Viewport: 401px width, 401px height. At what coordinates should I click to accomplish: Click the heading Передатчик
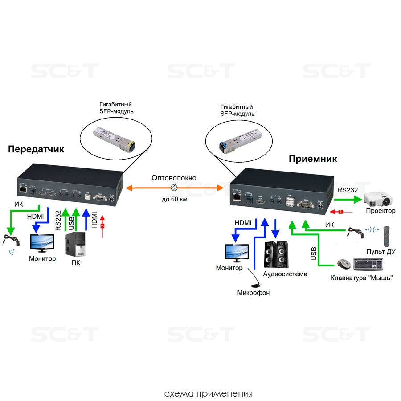(36, 150)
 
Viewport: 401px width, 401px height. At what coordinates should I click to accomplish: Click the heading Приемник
(313, 159)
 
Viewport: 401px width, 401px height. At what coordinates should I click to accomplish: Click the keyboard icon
(368, 264)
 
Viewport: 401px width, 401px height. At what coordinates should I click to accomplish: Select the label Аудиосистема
(285, 274)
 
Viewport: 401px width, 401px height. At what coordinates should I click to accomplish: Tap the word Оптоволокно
(174, 178)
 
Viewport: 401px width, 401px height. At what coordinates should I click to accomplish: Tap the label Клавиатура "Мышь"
(361, 278)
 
